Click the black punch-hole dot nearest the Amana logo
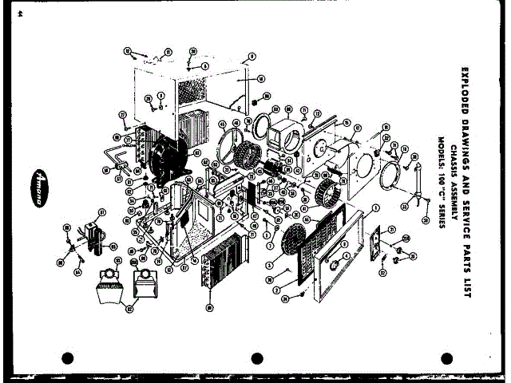pos(67,358)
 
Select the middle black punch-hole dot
pos(257,358)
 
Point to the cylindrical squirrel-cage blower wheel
pos(327,192)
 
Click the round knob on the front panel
pos(335,263)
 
